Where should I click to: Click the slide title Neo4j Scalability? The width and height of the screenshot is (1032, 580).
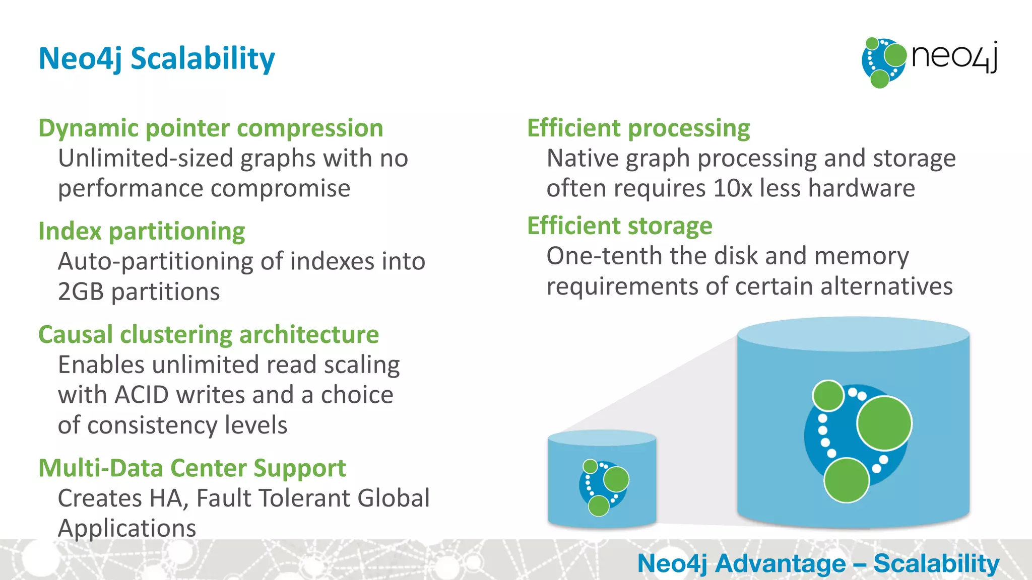(157, 58)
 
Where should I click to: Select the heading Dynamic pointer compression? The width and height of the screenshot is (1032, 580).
(211, 128)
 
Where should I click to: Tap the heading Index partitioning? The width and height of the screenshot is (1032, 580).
(142, 231)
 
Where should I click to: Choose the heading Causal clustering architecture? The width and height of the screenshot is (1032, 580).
(209, 334)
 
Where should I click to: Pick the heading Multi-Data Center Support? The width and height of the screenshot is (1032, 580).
(192, 468)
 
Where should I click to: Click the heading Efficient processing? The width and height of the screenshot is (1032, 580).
(638, 128)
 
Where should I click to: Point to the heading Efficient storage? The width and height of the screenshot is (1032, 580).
(620, 226)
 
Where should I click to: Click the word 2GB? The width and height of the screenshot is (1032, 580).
(81, 292)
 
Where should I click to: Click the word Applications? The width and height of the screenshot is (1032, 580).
(127, 528)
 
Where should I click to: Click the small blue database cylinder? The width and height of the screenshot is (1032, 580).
(602, 478)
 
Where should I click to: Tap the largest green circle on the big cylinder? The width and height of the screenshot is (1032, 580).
(884, 423)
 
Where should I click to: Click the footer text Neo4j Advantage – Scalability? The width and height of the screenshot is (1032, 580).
(818, 563)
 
